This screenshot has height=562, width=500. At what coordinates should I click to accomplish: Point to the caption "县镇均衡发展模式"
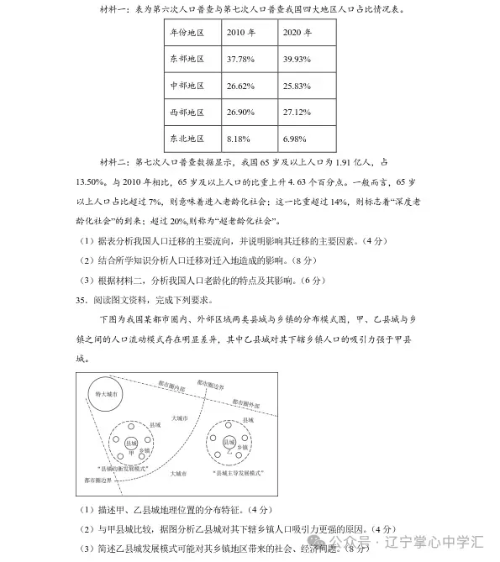click(x=124, y=466)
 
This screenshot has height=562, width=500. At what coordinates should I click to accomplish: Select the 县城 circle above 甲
click(x=130, y=442)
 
